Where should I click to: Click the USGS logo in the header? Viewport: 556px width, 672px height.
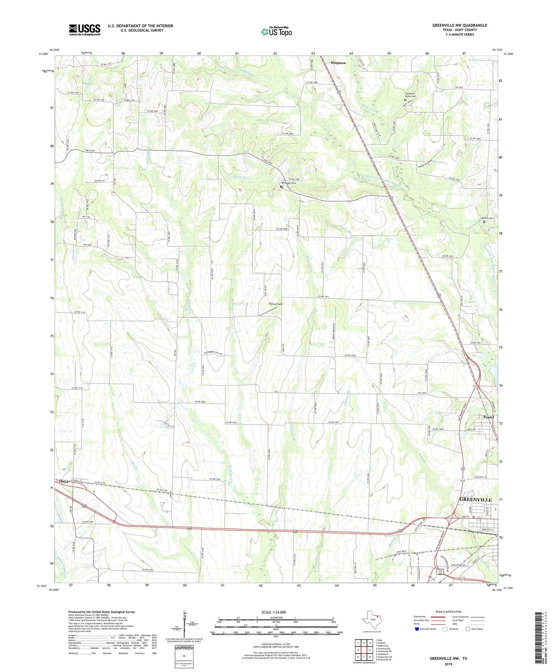point(85,30)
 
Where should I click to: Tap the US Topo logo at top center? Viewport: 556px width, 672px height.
point(276,32)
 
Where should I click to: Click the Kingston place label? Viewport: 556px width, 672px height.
point(338,63)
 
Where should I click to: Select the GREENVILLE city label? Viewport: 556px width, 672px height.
point(476,500)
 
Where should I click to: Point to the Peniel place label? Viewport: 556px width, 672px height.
point(489,417)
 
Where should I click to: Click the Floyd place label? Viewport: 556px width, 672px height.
point(63,481)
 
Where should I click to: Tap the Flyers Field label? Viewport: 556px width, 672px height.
point(275,304)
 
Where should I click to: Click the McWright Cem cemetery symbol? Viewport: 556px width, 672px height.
point(281,187)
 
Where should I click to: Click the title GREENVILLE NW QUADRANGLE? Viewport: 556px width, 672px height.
point(459,25)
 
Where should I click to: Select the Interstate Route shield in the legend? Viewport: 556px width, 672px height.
point(417,629)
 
